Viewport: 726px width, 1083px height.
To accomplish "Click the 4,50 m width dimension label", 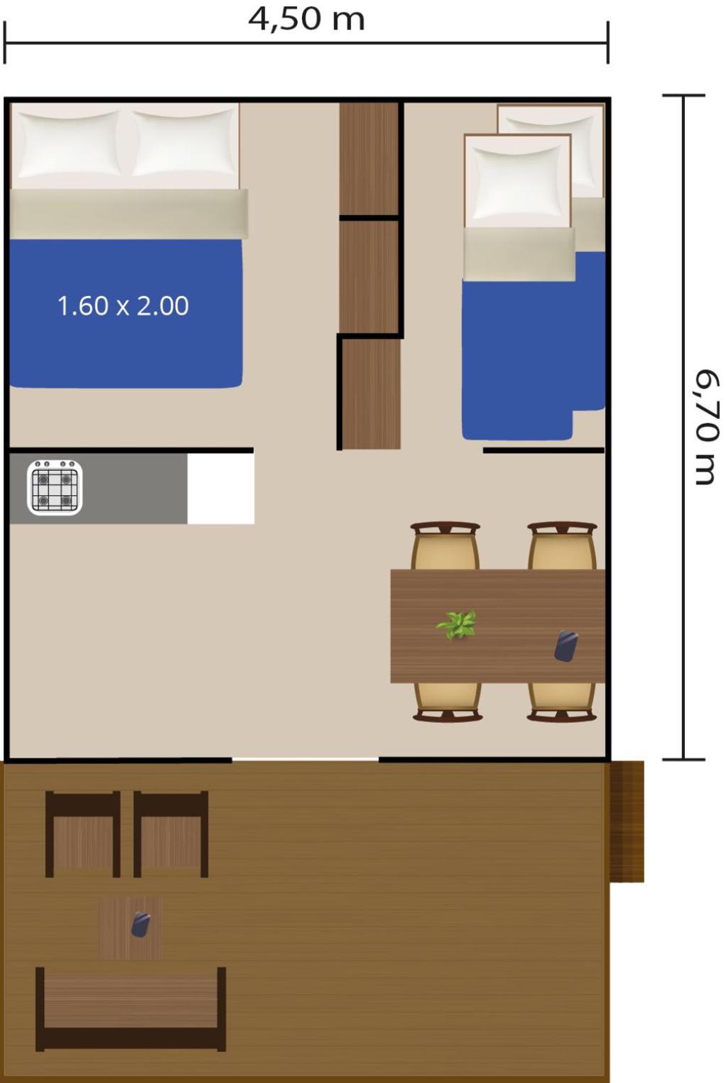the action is click(306, 19).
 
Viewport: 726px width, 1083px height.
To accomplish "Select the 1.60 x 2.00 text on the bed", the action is click(123, 305).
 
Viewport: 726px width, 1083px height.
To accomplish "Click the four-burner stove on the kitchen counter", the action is click(55, 487).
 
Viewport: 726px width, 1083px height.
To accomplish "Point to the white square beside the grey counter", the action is click(220, 489).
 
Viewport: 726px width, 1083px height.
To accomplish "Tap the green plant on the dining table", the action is click(457, 625).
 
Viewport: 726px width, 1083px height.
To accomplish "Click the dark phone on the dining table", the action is click(566, 646).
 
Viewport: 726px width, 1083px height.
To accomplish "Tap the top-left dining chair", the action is click(445, 546).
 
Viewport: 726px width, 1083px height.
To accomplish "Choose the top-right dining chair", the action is click(562, 546).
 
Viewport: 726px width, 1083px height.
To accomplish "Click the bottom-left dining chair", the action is click(448, 702).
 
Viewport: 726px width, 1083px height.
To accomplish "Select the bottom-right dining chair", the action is click(562, 702).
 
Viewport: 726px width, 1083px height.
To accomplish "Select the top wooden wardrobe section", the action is click(369, 158).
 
